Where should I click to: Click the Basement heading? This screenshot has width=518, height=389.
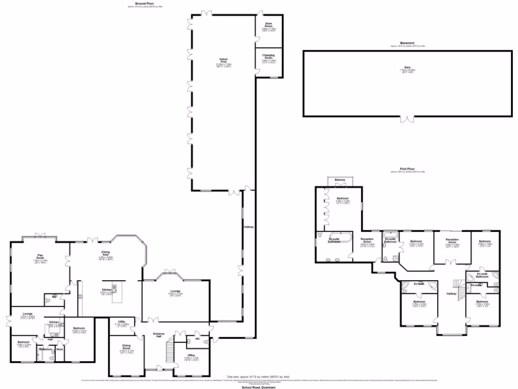[x=407, y=43]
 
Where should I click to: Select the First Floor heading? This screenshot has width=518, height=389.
[x=407, y=169]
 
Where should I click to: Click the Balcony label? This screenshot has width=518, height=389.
[x=339, y=180]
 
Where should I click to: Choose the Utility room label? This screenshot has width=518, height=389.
[x=122, y=322]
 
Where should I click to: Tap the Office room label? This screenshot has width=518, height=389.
[x=191, y=355]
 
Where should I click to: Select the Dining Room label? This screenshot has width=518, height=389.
[x=126, y=347]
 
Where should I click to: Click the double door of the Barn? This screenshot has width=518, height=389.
[x=408, y=120]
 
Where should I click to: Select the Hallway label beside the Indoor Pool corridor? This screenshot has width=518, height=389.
[x=248, y=227]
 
